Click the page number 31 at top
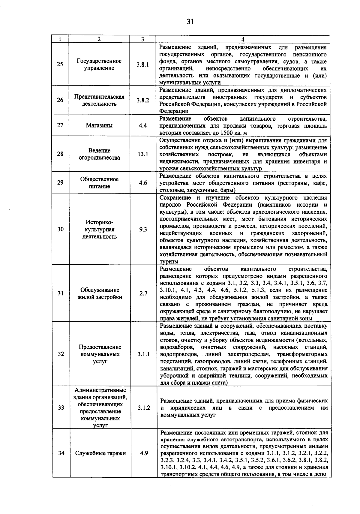pyautogui.click(x=190, y=22)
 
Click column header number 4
pyautogui.click(x=243, y=39)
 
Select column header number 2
pyautogui.click(x=99, y=39)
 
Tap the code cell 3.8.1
pyautogui.click(x=142, y=65)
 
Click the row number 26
pyautogui.click(x=60, y=100)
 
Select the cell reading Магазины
pyautogui.click(x=99, y=125)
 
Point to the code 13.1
pyautogui.click(x=143, y=154)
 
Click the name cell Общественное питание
pyautogui.click(x=99, y=182)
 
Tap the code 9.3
pyautogui.click(x=143, y=229)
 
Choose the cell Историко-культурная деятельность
pyautogui.click(x=99, y=229)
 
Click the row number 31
pyautogui.click(x=61, y=293)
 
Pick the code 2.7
pyautogui.click(x=143, y=293)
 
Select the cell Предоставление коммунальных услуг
pyautogui.click(x=100, y=354)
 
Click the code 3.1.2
pyautogui.click(x=144, y=408)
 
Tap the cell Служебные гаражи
pyautogui.click(x=100, y=453)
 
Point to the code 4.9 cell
pyautogui.click(x=144, y=453)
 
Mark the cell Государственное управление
pyautogui.click(x=99, y=65)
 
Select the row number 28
pyautogui.click(x=60, y=154)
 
